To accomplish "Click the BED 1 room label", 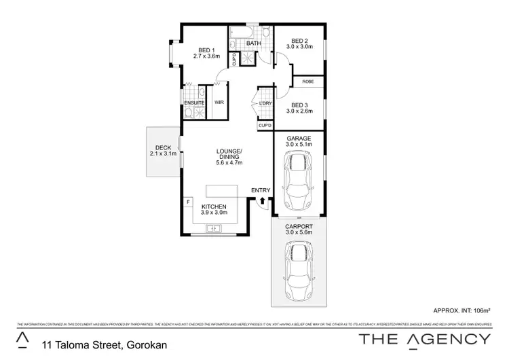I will pyautogui.click(x=206, y=50).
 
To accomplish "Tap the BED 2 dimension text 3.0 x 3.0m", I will pyautogui.click(x=300, y=47).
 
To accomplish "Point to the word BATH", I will pyautogui.click(x=254, y=44).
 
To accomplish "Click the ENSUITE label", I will pyautogui.click(x=194, y=103).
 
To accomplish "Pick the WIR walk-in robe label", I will pyautogui.click(x=219, y=103).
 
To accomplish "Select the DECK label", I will pyautogui.click(x=163, y=147).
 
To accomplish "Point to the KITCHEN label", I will pyautogui.click(x=214, y=206).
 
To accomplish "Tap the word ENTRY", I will pyautogui.click(x=261, y=190).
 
